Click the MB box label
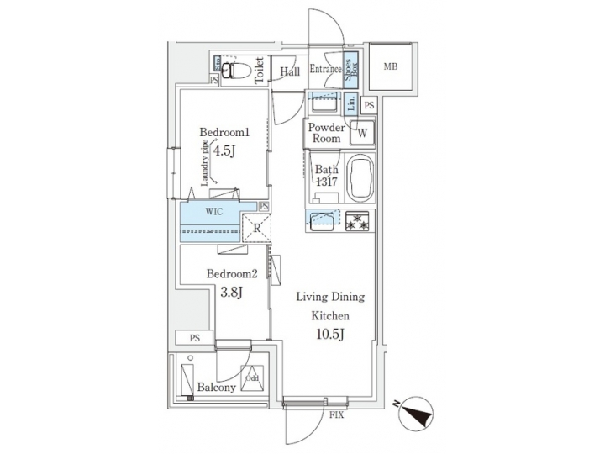point(391,66)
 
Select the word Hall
point(290,71)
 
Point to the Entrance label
point(324,71)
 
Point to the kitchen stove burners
point(355,222)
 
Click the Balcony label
point(216,388)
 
